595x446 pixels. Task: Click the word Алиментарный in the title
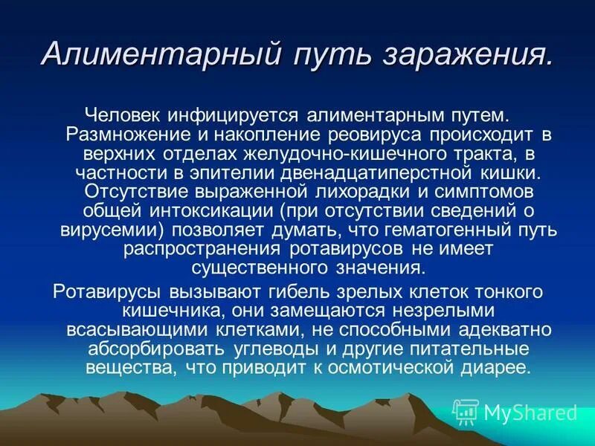tap(157, 54)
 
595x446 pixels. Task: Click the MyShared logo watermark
tap(515, 411)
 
